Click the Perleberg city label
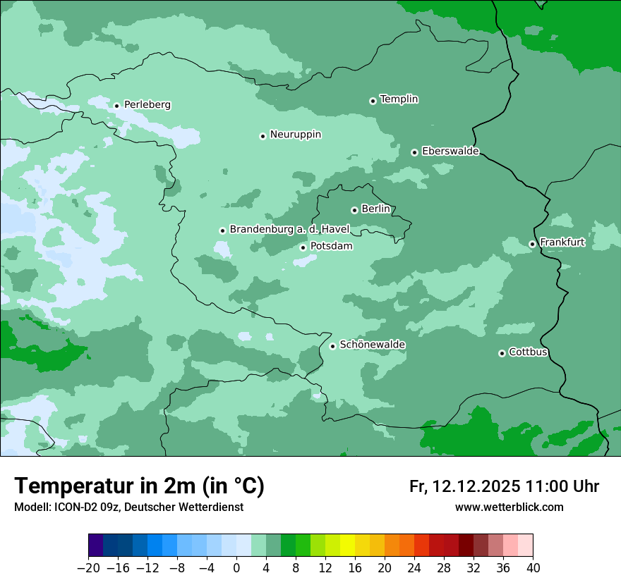click(147, 105)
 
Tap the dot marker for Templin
click(373, 101)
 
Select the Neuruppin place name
click(295, 135)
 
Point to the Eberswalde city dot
click(414, 152)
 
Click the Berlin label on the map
click(375, 209)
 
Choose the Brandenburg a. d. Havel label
click(289, 230)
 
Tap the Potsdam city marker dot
click(303, 247)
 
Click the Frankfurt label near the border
click(562, 242)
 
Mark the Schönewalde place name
click(372, 345)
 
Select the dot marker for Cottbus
click(502, 353)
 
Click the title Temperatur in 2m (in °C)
click(139, 486)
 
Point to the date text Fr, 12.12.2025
click(464, 486)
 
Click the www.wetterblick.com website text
click(509, 507)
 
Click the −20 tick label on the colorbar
click(88, 568)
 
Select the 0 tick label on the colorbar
click(236, 568)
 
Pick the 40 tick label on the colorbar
click(533, 568)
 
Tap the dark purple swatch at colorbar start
click(96, 546)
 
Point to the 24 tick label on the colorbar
click(414, 568)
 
